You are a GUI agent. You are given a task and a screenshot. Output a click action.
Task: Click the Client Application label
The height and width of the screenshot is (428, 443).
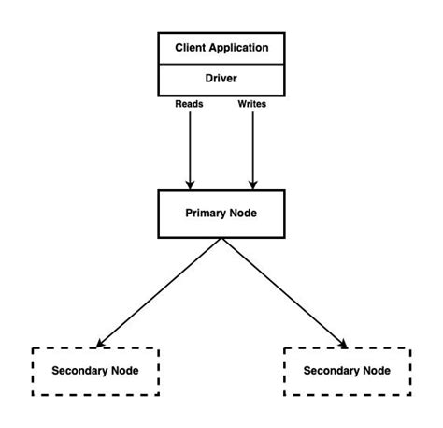(x=221, y=46)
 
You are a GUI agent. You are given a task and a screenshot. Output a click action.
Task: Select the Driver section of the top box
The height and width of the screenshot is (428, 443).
(x=221, y=79)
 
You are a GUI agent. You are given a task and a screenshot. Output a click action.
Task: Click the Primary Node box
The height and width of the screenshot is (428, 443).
(x=221, y=213)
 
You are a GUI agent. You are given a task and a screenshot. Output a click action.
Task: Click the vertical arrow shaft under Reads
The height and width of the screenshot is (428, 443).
(x=191, y=145)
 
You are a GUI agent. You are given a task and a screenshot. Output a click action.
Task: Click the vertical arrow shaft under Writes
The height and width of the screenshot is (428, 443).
(x=251, y=145)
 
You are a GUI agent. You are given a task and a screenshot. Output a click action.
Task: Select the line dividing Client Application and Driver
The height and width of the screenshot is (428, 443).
(x=221, y=63)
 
